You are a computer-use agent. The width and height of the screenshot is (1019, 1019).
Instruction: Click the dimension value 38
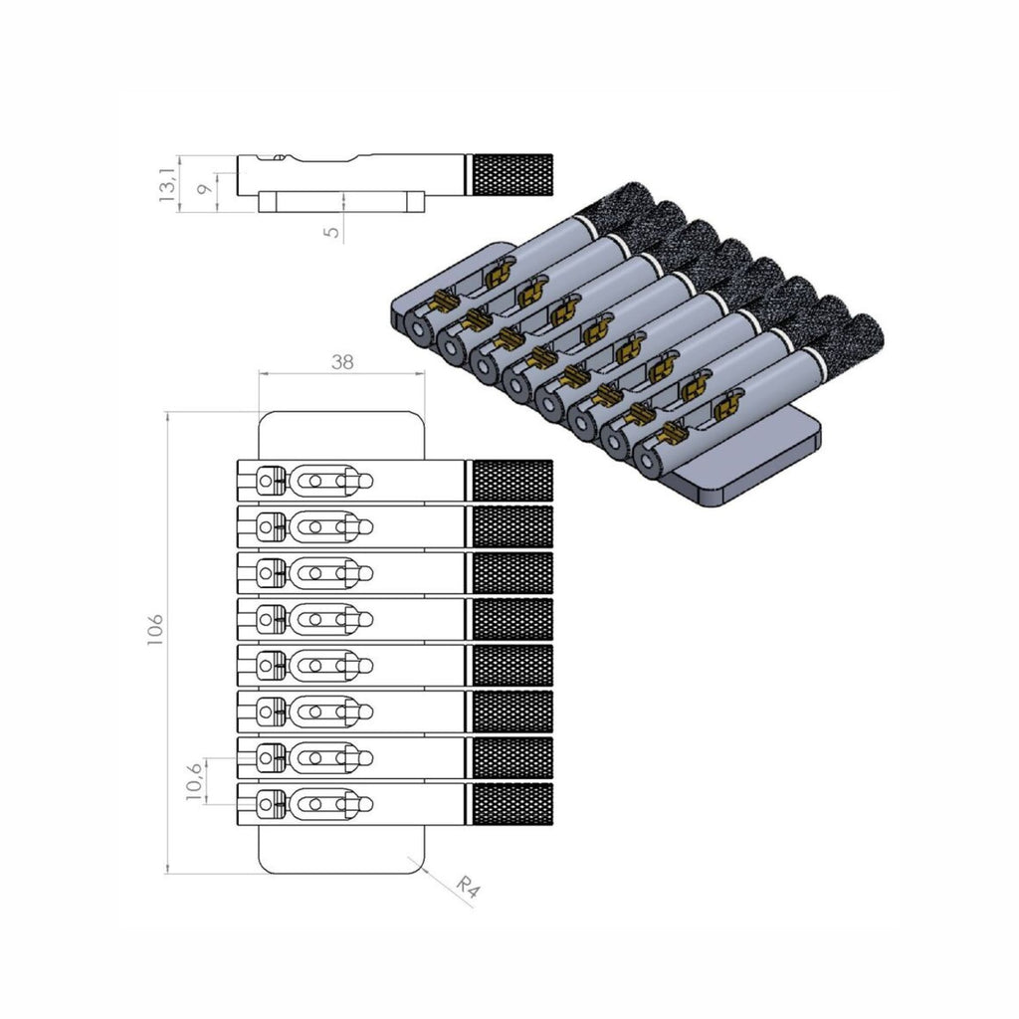pyautogui.click(x=342, y=362)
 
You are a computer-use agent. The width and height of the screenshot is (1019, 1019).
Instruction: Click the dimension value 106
pyautogui.click(x=155, y=630)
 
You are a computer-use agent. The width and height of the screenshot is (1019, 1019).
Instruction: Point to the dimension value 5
pyautogui.click(x=331, y=229)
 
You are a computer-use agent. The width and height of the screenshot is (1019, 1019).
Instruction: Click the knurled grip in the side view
pyautogui.click(x=510, y=175)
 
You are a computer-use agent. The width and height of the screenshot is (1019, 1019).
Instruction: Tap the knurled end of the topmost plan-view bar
pyautogui.click(x=510, y=481)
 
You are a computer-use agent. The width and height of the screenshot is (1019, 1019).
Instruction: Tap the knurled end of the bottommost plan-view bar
pyautogui.click(x=510, y=804)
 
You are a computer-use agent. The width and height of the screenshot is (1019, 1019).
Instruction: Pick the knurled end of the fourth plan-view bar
pyautogui.click(x=510, y=619)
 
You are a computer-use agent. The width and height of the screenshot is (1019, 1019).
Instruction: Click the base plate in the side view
pyautogui.click(x=341, y=202)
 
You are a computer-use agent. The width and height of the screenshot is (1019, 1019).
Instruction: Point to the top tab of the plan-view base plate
pyautogui.click(x=341, y=435)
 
